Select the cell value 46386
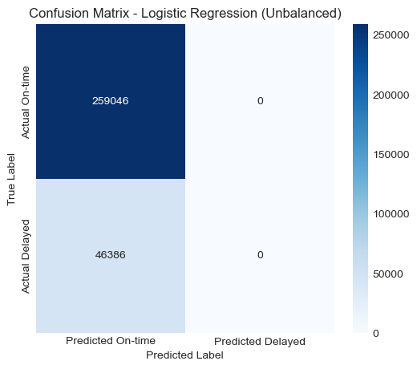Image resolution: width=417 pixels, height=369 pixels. (x=110, y=255)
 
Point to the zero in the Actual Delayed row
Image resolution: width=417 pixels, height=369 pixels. (x=260, y=255)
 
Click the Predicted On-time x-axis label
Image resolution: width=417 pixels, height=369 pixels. (x=110, y=341)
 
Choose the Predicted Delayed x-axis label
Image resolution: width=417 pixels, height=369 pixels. (x=260, y=341)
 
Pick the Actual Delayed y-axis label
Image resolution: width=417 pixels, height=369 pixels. (x=26, y=255)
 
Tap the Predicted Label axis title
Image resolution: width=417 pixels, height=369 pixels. (x=184, y=354)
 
